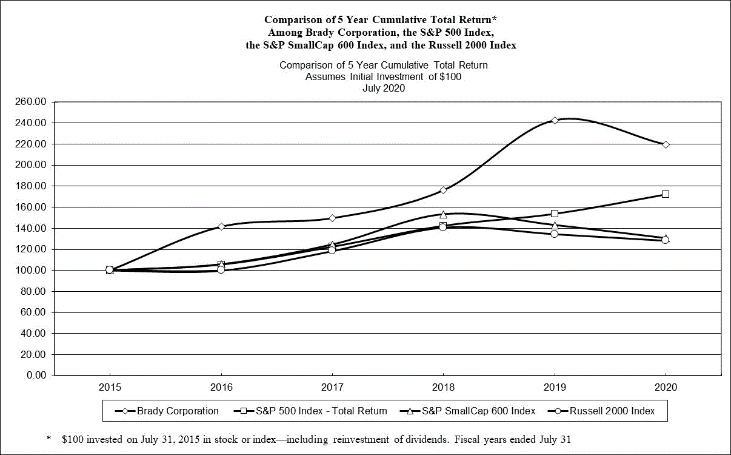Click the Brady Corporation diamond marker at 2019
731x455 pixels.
pos(555,120)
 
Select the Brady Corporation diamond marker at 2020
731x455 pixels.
pos(666,144)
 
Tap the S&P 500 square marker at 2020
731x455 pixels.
pos(666,194)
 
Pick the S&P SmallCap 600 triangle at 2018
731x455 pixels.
pos(443,214)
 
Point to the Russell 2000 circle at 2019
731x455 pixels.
pos(555,234)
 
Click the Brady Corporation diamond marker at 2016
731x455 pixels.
pos(221,226)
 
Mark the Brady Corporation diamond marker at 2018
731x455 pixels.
pos(443,190)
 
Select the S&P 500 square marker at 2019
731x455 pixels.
pos(555,214)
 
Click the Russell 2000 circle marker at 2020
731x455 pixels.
pos(666,240)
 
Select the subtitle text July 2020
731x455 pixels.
pos(383,88)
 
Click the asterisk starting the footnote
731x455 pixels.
pos(48,438)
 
